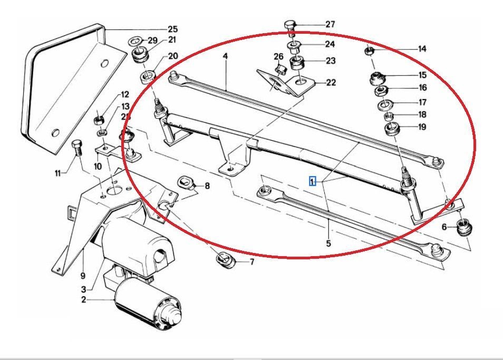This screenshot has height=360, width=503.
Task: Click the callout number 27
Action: [330, 24]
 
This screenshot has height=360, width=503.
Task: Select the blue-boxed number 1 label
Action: [312, 181]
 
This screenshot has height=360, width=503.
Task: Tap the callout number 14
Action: [422, 49]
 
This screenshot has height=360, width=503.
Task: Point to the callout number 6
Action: [444, 227]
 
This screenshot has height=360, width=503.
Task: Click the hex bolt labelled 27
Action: [290, 26]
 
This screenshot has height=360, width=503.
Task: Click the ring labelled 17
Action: [384, 103]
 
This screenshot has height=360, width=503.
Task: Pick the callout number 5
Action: [328, 244]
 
